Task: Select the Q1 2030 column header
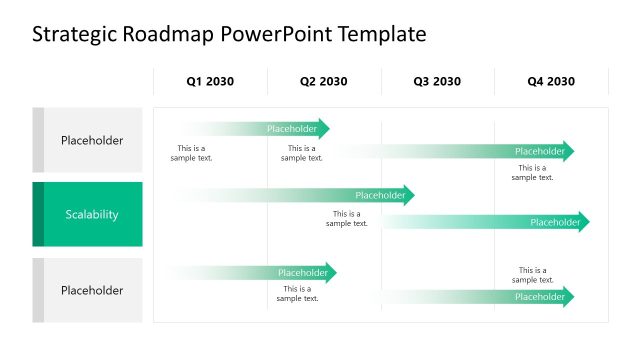pos(210,81)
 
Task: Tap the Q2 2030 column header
pos(324,81)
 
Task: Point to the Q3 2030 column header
pos(437,81)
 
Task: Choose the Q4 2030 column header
pos(551,81)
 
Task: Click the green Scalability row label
pos(92,214)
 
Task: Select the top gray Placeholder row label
pos(92,140)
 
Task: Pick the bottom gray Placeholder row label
pos(92,290)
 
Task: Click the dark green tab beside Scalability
pos(38,214)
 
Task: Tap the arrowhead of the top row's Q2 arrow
pos(324,128)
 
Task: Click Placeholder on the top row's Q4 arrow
pos(539,151)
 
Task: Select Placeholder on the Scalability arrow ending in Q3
pos(380,195)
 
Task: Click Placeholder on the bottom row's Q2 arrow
pos(303,272)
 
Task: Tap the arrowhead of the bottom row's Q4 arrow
pos(570,296)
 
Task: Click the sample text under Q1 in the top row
pos(191,153)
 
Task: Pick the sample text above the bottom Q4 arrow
pos(533,275)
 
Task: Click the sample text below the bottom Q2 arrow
pos(297,293)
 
